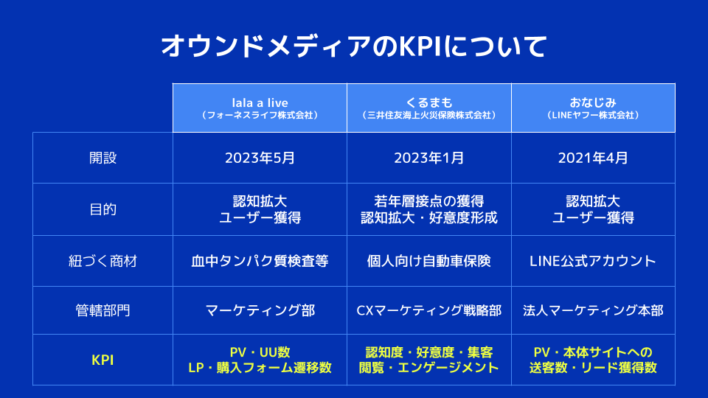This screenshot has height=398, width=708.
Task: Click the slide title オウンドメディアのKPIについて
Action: pos(354,46)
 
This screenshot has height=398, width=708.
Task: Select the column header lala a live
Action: pos(260,103)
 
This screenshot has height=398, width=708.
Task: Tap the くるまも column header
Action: pos(429,103)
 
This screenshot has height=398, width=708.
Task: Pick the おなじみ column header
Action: pos(593,103)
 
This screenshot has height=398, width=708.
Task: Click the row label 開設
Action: pos(103,158)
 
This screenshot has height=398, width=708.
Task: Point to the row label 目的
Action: pos(103,209)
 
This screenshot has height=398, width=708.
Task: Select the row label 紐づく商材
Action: pos(103,261)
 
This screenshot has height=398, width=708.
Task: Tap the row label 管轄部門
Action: pos(103,310)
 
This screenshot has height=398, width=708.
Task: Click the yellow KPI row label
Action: pos(103,360)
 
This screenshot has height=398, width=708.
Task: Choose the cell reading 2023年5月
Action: pos(260,158)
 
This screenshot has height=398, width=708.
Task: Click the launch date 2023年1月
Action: pos(429,158)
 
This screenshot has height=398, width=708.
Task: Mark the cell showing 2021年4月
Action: pos(593,158)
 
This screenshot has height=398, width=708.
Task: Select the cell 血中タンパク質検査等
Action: pos(260,261)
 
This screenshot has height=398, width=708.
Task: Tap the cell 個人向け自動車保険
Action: pos(429,261)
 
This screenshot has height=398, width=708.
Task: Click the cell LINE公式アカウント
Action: pos(593,261)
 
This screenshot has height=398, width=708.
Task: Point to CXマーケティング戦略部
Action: pos(429,310)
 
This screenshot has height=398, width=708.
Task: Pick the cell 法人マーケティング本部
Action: pos(593,310)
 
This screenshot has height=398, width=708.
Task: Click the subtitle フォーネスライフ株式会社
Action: pos(260,116)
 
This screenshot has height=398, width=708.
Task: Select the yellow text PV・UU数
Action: pos(260,352)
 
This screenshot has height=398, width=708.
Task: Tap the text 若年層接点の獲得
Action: pos(429,200)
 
